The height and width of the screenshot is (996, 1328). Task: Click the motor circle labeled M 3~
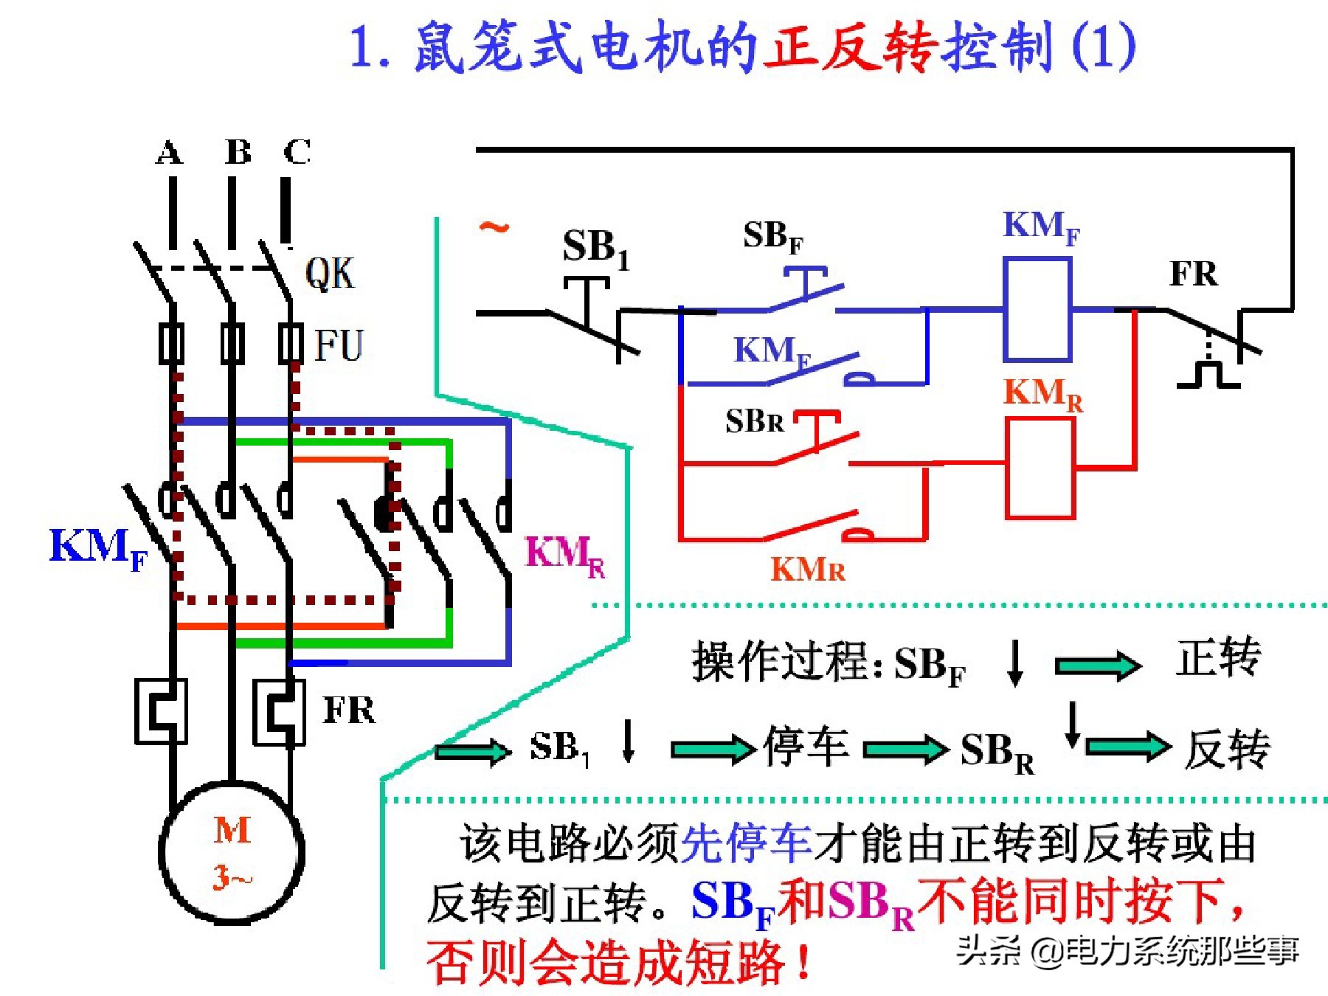(x=232, y=852)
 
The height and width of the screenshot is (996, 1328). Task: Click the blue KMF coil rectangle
(x=1037, y=309)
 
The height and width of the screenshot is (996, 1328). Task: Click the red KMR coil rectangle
(x=1040, y=468)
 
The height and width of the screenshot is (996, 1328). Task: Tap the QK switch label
(x=330, y=274)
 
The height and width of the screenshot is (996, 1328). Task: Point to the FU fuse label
(x=339, y=345)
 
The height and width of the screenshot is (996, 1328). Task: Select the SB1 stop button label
(x=595, y=248)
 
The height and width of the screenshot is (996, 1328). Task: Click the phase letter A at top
(x=169, y=153)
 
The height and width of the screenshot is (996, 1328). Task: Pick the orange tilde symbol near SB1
(x=494, y=226)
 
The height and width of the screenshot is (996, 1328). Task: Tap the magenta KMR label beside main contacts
(x=564, y=555)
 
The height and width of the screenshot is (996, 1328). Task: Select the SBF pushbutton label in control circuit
(x=772, y=237)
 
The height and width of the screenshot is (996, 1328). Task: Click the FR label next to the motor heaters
(x=349, y=710)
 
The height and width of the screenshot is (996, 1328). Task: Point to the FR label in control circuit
(x=1193, y=274)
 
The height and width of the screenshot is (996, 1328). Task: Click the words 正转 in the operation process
(x=1218, y=657)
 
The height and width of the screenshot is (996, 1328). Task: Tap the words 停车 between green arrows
(x=806, y=747)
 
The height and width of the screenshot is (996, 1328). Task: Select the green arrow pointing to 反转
(x=1128, y=747)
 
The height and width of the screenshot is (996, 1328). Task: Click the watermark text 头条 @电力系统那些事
(x=1127, y=951)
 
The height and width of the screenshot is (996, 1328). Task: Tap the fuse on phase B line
(x=232, y=343)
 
